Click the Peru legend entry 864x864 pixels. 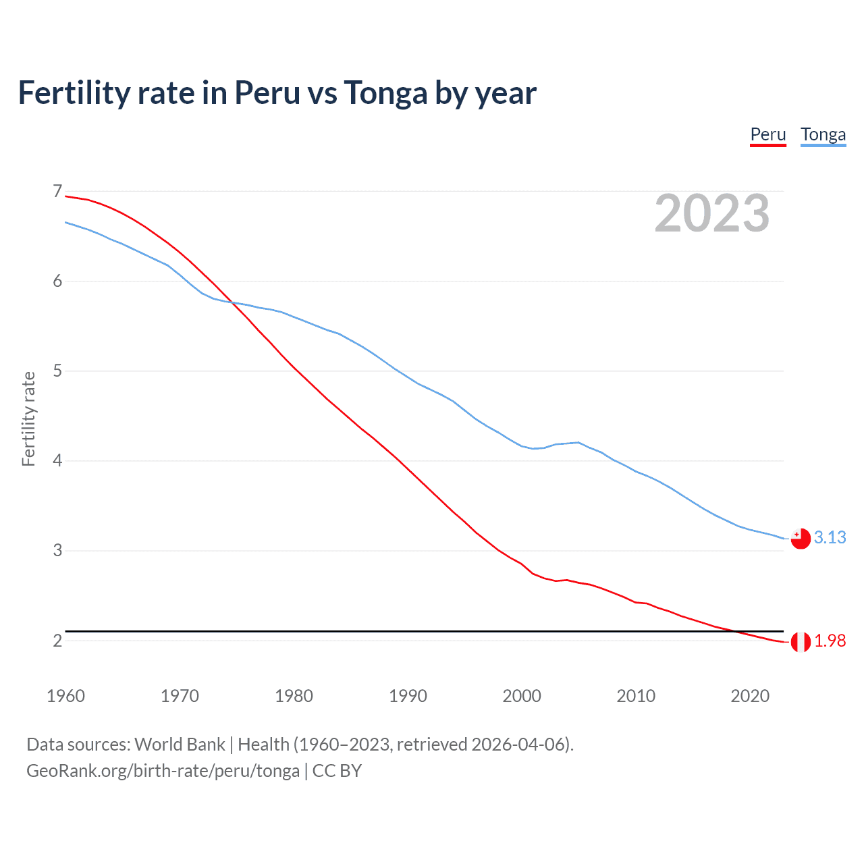768,134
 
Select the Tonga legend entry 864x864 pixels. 823,134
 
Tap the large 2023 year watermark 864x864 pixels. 711,213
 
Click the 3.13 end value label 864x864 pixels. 830,537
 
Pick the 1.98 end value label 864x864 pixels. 830,641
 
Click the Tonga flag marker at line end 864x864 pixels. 801,539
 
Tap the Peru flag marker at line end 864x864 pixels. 801,642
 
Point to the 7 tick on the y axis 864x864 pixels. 57,192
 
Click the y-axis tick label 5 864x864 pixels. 57,371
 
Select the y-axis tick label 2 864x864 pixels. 57,641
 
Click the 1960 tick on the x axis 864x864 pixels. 65,696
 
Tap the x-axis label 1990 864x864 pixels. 408,696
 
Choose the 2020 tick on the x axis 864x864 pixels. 750,696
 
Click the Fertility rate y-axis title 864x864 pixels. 28,418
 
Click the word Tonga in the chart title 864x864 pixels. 385,93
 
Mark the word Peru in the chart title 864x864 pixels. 267,93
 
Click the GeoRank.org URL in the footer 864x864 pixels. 163,771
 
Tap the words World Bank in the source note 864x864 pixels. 180,745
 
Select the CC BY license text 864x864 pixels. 337,771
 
